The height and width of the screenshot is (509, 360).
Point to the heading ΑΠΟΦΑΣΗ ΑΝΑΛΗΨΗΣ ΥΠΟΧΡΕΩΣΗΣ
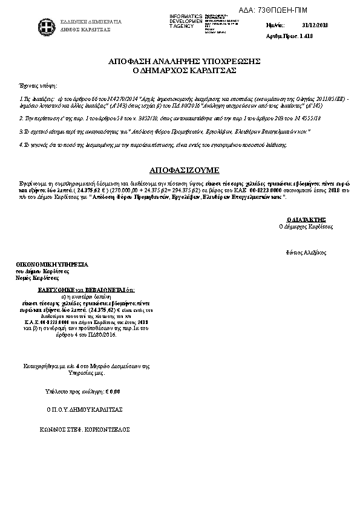coord(184,62)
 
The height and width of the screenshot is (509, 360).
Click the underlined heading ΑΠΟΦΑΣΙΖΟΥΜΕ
coord(184,169)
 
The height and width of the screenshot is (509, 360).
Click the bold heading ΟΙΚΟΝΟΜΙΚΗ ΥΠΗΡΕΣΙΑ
coord(51,265)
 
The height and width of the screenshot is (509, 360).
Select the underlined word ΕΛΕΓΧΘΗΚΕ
coord(56,290)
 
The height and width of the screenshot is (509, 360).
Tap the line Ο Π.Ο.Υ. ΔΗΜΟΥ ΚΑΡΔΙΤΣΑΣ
coord(85,409)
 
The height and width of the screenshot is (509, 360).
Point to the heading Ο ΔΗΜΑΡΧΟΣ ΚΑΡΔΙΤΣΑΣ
coord(184,71)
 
